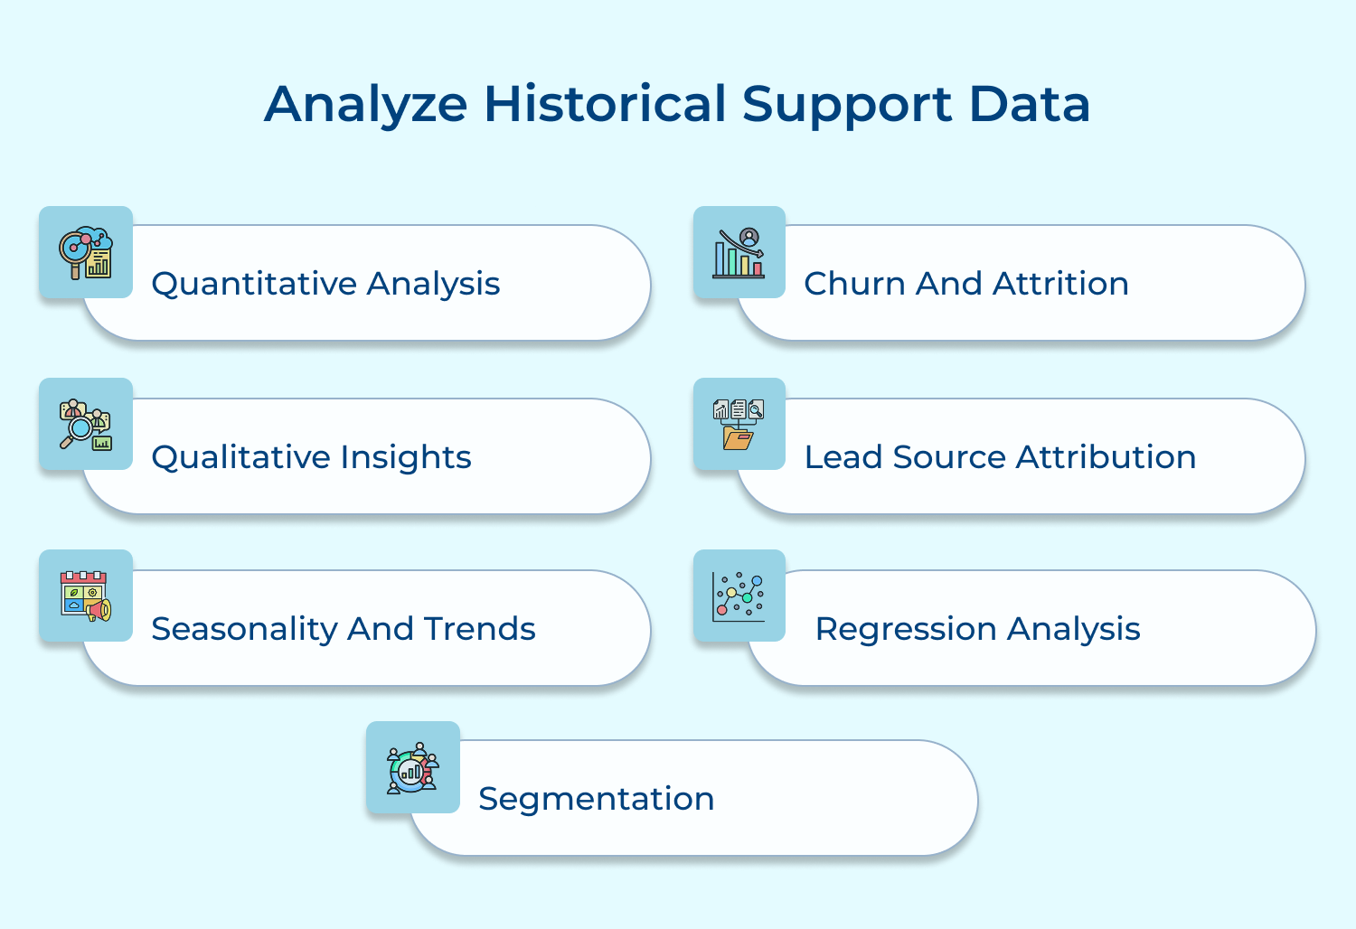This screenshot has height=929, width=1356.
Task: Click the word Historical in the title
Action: coord(605,104)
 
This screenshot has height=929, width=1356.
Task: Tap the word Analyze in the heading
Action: coord(365,106)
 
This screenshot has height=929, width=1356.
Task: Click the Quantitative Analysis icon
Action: coord(86,252)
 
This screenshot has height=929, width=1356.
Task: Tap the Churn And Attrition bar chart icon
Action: coord(739,253)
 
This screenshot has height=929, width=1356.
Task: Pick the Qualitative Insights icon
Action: coord(86,424)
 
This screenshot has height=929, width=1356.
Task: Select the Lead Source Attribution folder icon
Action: coord(739,425)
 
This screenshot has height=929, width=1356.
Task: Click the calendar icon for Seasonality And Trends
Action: coord(86,596)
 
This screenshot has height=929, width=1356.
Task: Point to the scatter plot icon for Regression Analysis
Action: coord(739,596)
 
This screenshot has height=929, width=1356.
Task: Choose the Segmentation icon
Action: coord(413,768)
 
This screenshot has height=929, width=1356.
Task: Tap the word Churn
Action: coord(854,284)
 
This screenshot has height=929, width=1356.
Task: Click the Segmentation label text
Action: coord(596,799)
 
